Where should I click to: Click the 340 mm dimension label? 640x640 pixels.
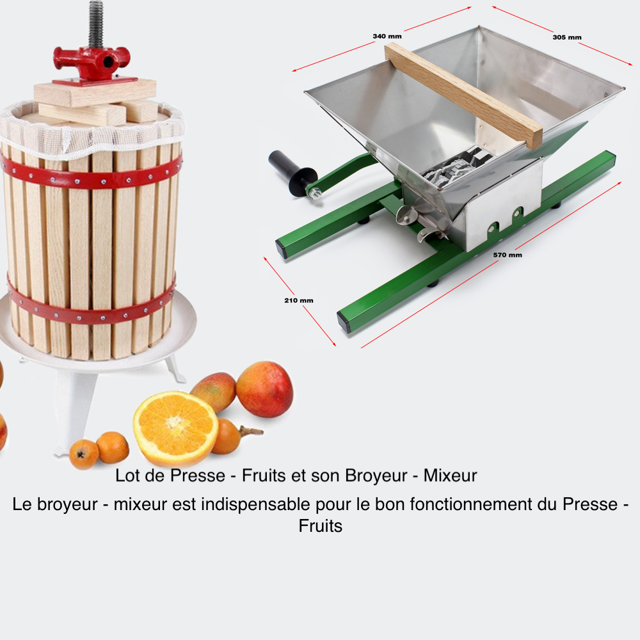pos(387,36)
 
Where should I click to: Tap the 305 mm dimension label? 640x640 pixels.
pos(567,37)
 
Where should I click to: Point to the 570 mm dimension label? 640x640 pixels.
pos(508,255)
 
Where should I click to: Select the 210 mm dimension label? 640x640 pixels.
pos(299,300)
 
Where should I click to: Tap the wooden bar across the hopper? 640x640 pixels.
pos(463,95)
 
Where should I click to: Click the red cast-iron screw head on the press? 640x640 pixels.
pos(92,61)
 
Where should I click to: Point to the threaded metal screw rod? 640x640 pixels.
pos(96,24)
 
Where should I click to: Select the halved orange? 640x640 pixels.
pos(176,428)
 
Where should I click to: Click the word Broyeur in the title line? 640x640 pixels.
pos(376,476)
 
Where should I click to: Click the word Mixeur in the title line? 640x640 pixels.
pos(450,476)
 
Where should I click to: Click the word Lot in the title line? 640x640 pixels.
pos(127,476)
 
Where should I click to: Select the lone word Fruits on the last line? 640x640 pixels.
pos(321,525)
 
